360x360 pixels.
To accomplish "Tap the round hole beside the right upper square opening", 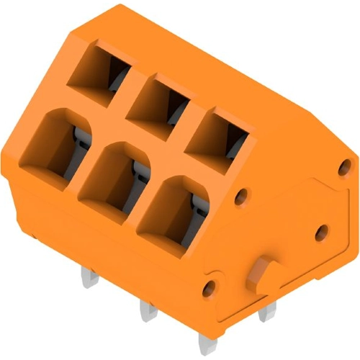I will [242, 194].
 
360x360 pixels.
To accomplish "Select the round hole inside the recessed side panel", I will [323, 231].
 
